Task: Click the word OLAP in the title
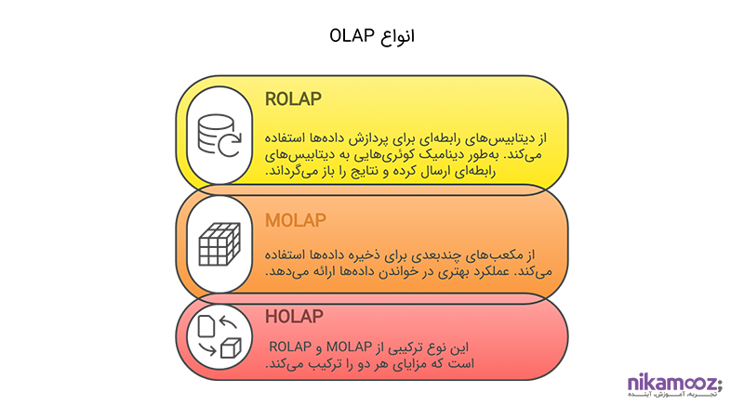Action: pyautogui.click(x=352, y=35)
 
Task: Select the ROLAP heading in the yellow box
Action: pyautogui.click(x=293, y=99)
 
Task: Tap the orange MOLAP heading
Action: pyautogui.click(x=296, y=220)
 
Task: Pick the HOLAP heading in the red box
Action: pyautogui.click(x=294, y=317)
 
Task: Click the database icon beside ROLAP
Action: pyautogui.click(x=219, y=136)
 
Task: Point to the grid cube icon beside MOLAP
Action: pyautogui.click(x=219, y=244)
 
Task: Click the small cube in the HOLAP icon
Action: pyautogui.click(x=231, y=348)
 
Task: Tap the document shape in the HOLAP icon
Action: pyautogui.click(x=206, y=326)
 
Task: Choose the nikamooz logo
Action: pyautogui.click(x=674, y=382)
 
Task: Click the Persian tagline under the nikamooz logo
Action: pyautogui.click(x=671, y=394)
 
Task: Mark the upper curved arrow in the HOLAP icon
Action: pyautogui.click(x=228, y=322)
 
